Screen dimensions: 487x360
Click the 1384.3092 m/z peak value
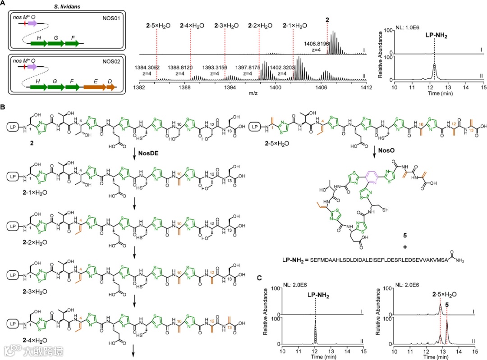pyautogui.click(x=150, y=67)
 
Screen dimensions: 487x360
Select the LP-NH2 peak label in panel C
pyautogui.click(x=315, y=296)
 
